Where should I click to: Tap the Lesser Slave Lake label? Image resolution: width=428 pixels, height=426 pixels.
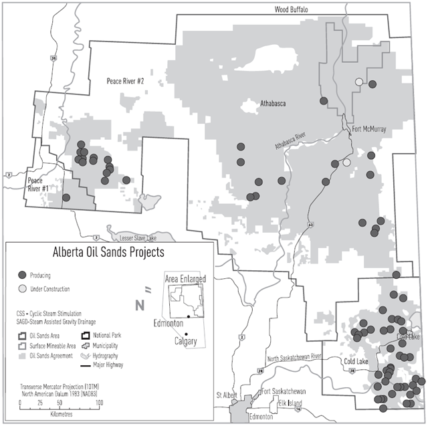pos(130,236)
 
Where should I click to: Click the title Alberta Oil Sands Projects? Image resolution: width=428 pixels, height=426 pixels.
pos(108,253)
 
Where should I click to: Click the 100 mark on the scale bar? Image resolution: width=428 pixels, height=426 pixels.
pos(98,403)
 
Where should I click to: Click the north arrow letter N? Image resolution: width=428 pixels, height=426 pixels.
pos(140,306)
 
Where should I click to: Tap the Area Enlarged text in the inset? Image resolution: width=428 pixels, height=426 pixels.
pos(185,278)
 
